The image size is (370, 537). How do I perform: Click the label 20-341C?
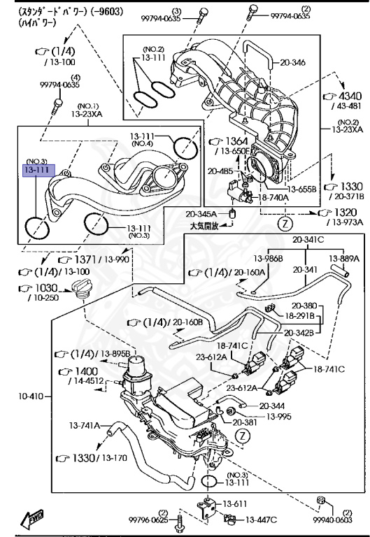pos(308,239)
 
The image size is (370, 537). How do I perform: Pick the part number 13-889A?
pos(345,257)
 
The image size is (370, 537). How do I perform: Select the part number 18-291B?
pos(300,315)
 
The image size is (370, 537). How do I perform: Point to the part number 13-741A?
pos(85,424)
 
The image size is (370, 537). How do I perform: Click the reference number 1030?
pos(43,288)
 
